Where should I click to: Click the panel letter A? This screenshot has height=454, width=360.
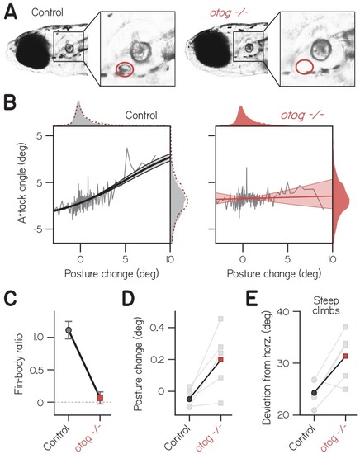coord(11,12)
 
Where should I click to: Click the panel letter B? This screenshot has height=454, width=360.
coord(10,104)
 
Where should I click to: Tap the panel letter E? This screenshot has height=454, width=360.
coord(253,299)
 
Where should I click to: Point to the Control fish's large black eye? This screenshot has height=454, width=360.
coord(31,52)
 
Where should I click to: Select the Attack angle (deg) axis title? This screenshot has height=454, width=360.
coord(22,184)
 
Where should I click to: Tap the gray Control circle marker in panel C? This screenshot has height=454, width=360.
coord(69,330)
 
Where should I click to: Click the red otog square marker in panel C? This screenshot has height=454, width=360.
coord(100,398)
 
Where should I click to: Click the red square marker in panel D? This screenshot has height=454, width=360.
coord(221,359)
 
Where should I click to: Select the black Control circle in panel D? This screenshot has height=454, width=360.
coord(189,399)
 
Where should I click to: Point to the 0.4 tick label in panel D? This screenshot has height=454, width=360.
coord(158,328)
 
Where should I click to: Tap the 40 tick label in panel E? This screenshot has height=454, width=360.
coord(283,311)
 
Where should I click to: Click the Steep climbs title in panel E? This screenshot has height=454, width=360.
coord(327,305)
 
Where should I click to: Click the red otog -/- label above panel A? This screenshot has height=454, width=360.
coord(229,13)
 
